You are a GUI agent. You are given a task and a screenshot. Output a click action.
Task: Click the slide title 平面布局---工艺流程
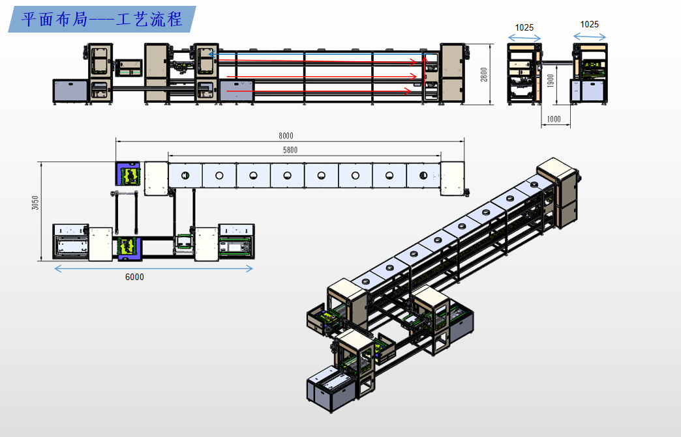(x=102, y=19)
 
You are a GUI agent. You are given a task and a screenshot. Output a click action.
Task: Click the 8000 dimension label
(x=286, y=135)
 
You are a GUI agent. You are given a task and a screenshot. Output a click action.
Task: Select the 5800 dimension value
(x=290, y=150)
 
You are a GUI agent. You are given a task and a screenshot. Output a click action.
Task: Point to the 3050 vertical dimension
(x=35, y=203)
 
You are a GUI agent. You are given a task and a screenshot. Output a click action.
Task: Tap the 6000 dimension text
(x=134, y=277)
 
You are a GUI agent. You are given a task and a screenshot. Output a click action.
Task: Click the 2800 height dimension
(x=484, y=74)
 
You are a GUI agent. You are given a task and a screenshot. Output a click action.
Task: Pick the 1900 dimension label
(x=551, y=81)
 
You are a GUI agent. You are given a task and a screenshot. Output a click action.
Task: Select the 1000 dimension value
(x=554, y=119)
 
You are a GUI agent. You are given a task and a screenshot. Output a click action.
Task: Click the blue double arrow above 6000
(x=153, y=269)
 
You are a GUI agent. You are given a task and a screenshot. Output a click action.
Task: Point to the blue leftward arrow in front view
(x=316, y=54)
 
